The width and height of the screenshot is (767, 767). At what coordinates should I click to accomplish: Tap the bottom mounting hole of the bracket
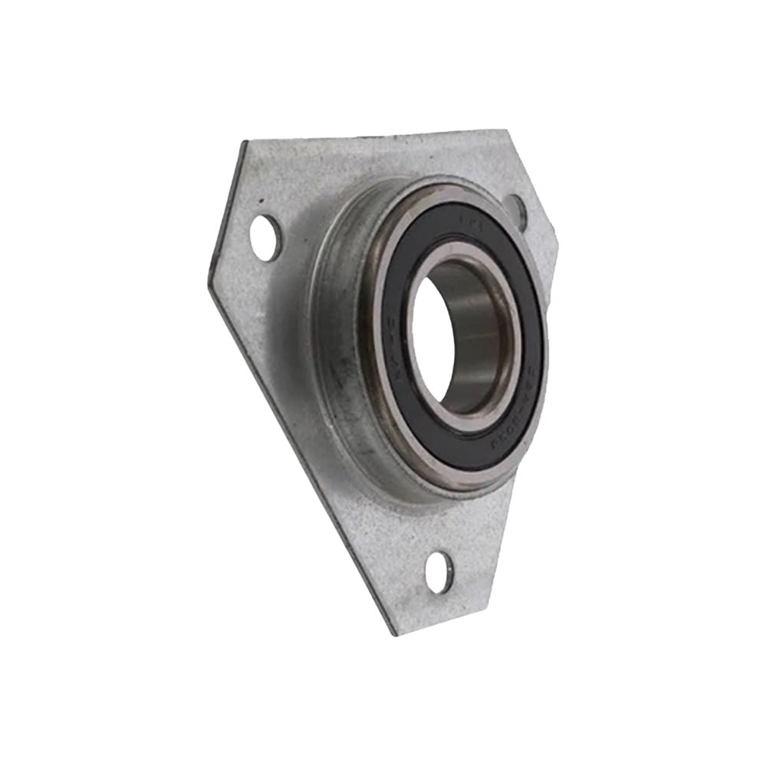[439, 571]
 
